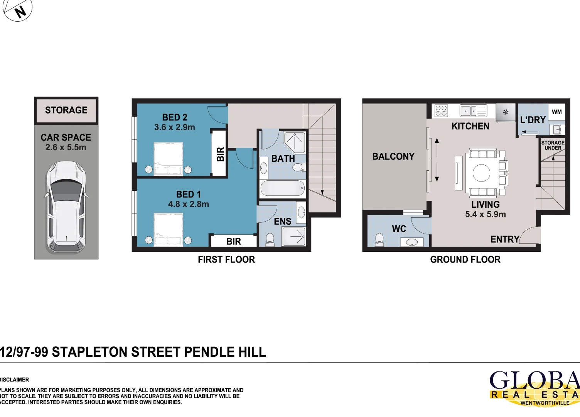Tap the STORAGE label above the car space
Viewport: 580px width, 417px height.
tap(66, 110)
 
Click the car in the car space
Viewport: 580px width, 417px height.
tap(66, 207)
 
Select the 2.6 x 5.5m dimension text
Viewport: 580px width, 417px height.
tap(66, 147)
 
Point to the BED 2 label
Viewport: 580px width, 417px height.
tap(175, 117)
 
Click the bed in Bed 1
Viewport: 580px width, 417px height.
tap(168, 229)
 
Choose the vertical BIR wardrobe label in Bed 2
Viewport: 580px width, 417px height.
tap(220, 154)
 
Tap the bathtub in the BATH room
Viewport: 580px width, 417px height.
tap(283, 189)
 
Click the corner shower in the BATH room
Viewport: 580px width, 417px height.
tap(295, 142)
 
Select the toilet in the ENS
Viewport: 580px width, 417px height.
tap(270, 239)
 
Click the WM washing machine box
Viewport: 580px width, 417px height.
tap(556, 112)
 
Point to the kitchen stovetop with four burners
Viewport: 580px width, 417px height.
tap(441, 111)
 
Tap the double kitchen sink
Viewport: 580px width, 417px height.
tap(473, 111)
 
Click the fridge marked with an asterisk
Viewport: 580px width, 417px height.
tap(506, 113)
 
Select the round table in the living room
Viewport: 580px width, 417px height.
tap(482, 173)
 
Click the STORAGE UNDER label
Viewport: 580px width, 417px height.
tap(553, 145)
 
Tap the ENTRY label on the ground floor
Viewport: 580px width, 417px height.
tap(505, 239)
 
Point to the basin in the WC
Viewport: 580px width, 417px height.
tap(412, 242)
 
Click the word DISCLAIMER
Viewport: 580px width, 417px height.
tap(15, 380)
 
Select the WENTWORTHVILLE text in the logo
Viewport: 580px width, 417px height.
tap(545, 403)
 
